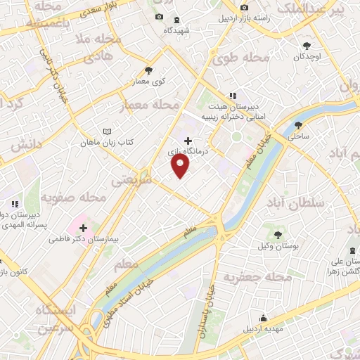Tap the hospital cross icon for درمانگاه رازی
187,141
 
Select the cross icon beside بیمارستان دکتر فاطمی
84,228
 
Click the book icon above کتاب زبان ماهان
107,131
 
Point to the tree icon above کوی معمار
148,70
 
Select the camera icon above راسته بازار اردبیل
244,8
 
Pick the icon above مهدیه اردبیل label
263,318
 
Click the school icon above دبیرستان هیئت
232,97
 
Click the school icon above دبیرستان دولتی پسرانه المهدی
14,204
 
